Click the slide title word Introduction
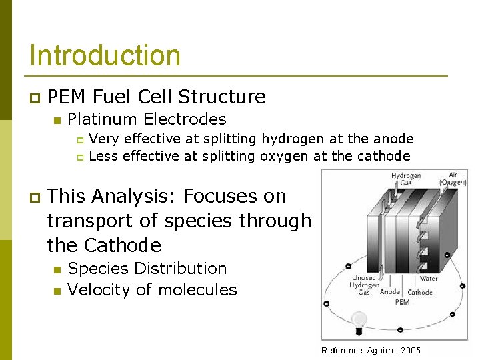point(105,55)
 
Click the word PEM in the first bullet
point(68,97)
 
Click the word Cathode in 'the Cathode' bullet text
point(123,245)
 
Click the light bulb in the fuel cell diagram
point(359,321)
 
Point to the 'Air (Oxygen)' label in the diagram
point(453,179)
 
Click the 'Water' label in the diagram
point(428,279)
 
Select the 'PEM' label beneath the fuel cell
point(402,302)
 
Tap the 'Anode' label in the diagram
point(389,292)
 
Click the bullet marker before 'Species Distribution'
point(57,269)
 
